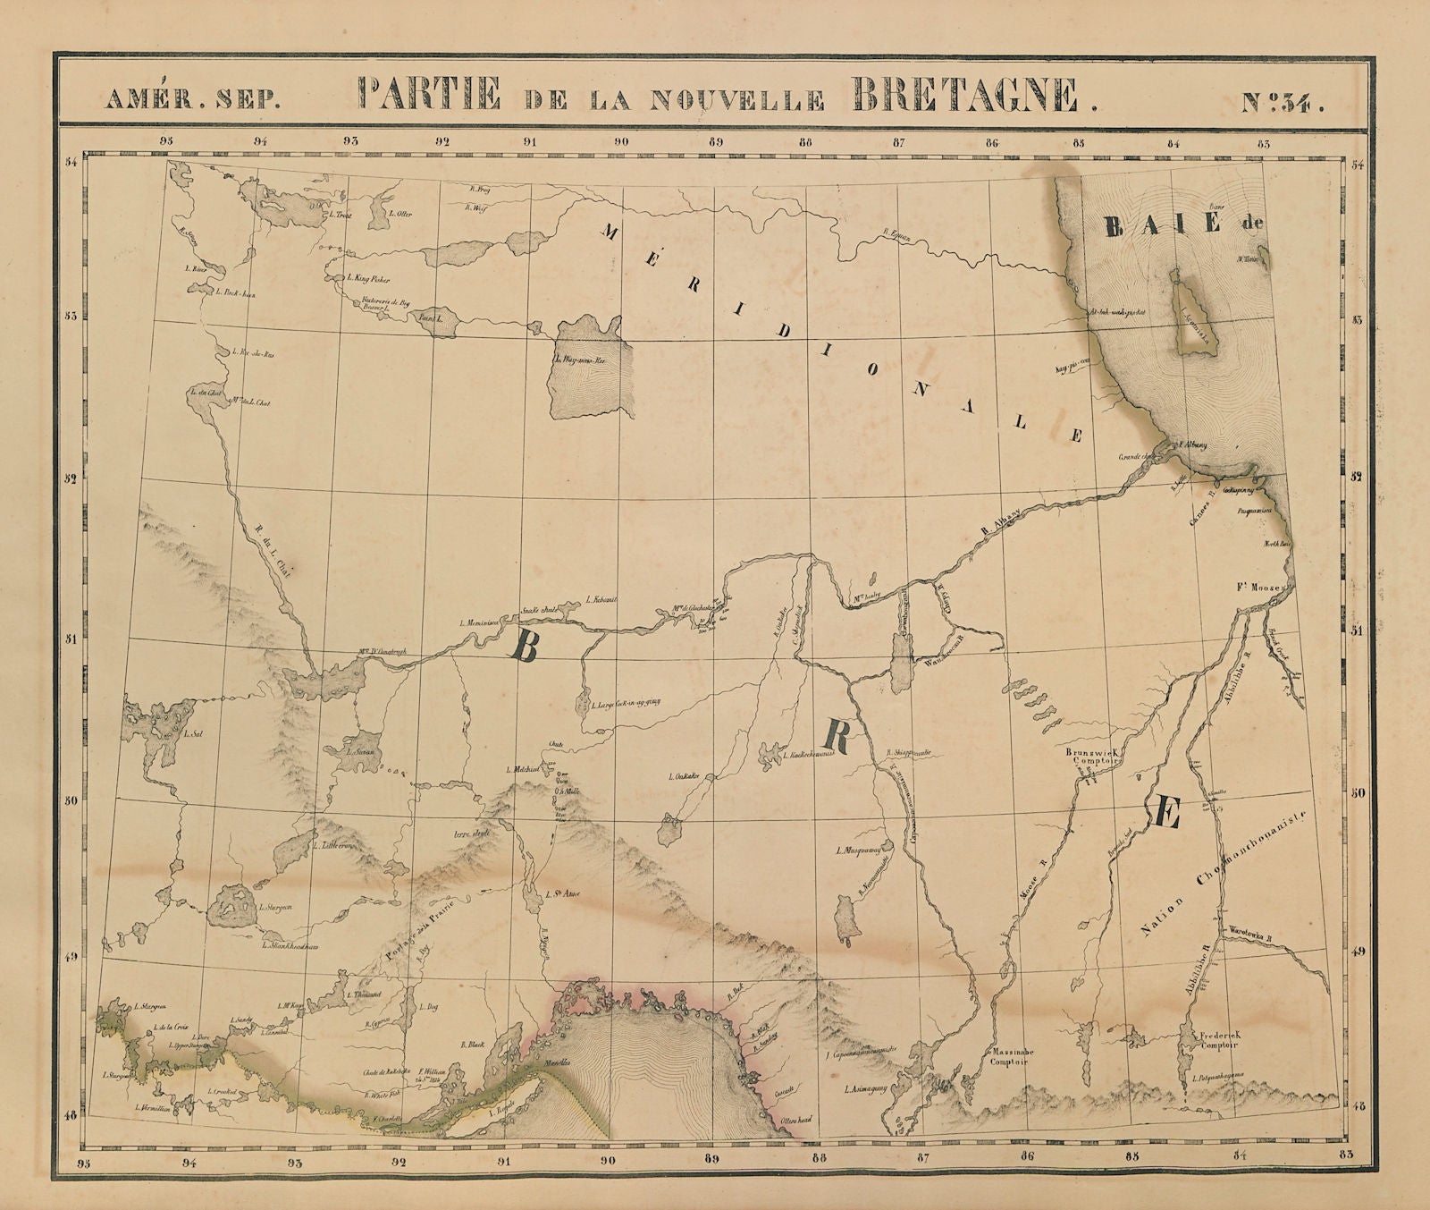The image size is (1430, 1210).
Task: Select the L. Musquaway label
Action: pyautogui.click(x=859, y=850)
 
